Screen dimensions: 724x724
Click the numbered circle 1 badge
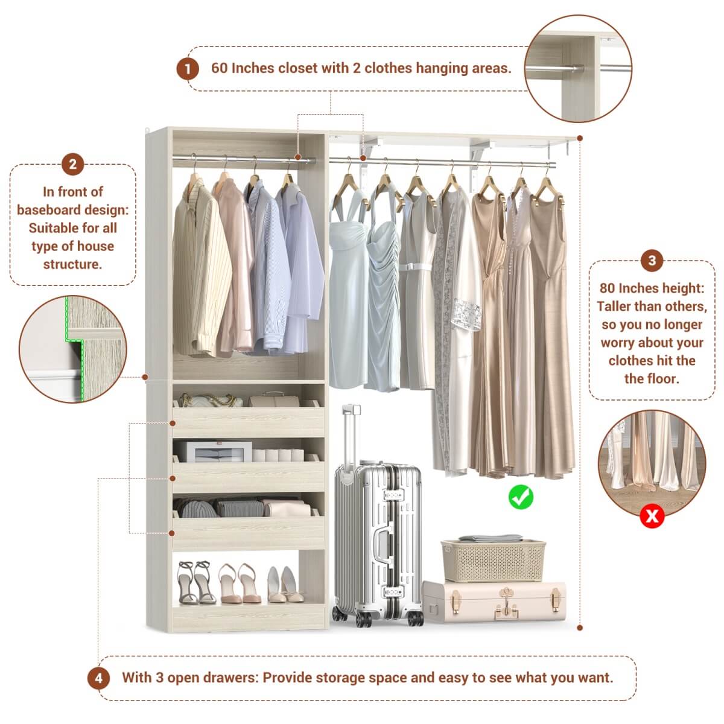pyautogui.click(x=188, y=69)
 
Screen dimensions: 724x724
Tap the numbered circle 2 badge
pyautogui.click(x=72, y=164)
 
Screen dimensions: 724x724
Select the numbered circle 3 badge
pyautogui.click(x=652, y=261)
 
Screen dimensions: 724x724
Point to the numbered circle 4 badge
pyautogui.click(x=98, y=678)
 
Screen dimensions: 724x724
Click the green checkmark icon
pyautogui.click(x=521, y=497)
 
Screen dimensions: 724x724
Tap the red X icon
pyautogui.click(x=652, y=516)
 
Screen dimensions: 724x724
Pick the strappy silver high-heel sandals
pyautogui.click(x=196, y=582)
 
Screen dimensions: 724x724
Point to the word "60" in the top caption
pyautogui.click(x=219, y=68)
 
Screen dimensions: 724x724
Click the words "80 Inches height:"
pyautogui.click(x=652, y=288)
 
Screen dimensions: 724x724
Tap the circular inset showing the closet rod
pyautogui.click(x=578, y=68)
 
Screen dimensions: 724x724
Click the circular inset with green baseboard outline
pyautogui.click(x=72, y=349)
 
